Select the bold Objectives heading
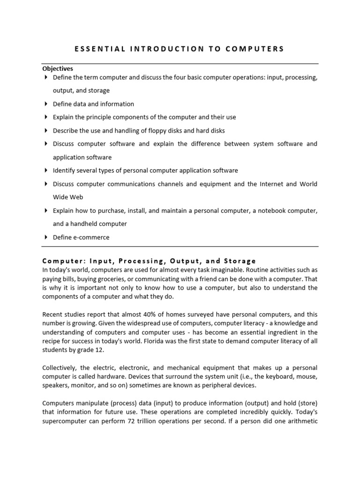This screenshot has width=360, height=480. click(x=58, y=69)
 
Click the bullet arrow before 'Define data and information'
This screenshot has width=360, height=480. click(x=45, y=104)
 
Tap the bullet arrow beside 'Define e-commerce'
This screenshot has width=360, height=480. click(x=45, y=237)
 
